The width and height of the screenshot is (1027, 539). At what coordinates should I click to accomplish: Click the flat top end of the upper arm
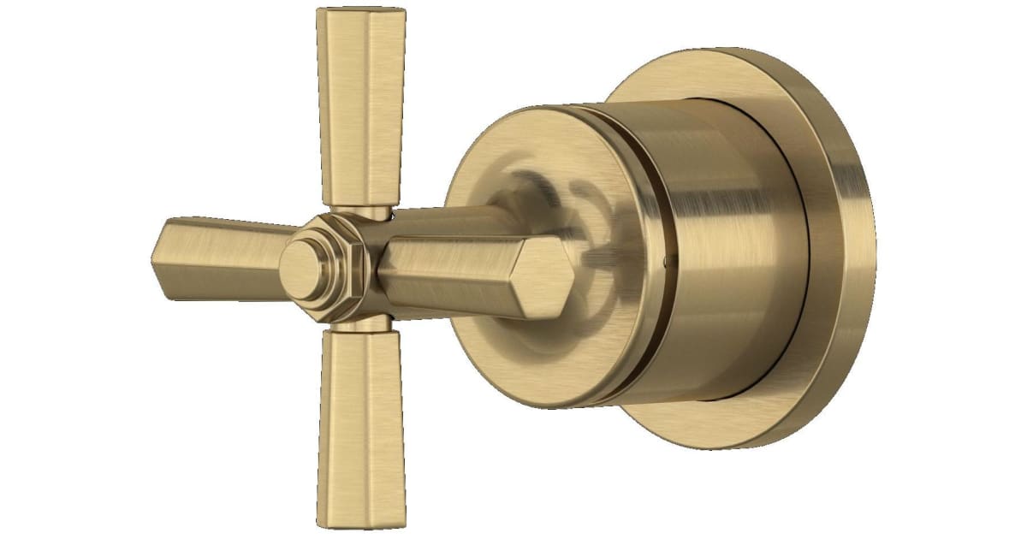[359, 12]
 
